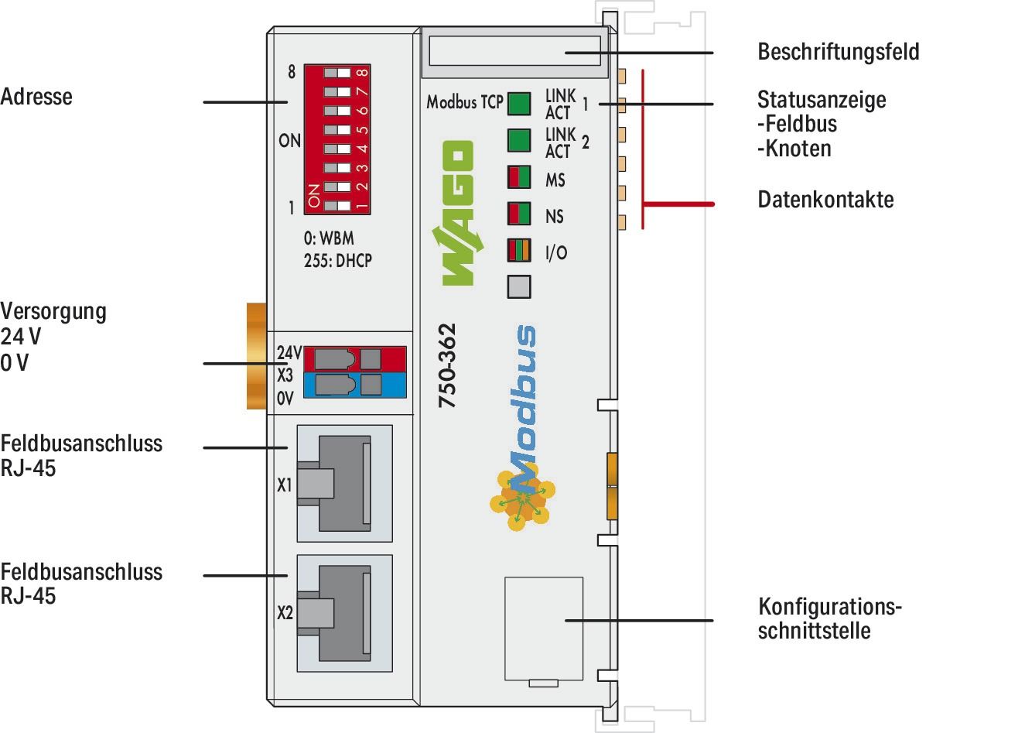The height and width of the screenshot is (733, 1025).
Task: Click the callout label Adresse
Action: pyautogui.click(x=36, y=97)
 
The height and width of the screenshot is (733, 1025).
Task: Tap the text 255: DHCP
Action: pyautogui.click(x=338, y=261)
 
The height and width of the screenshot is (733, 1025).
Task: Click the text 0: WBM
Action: pyautogui.click(x=329, y=238)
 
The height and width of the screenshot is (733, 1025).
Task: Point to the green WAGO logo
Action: pyautogui.click(x=456, y=213)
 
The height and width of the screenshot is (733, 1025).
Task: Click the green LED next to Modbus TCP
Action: pyautogui.click(x=519, y=104)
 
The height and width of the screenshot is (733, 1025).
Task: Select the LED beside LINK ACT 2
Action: pyautogui.click(x=519, y=140)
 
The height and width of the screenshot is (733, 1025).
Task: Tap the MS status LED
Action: pyautogui.click(x=519, y=177)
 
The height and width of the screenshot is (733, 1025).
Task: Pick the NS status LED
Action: pyautogui.click(x=519, y=213)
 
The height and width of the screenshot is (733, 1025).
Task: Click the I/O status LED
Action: pyautogui.click(x=519, y=251)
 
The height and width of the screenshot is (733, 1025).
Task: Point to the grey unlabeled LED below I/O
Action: pyautogui.click(x=519, y=286)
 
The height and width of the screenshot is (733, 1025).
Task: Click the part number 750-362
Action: pyautogui.click(x=447, y=365)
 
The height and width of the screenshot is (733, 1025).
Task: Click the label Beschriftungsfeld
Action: pyautogui.click(x=838, y=53)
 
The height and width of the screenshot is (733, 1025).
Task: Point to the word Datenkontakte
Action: pyautogui.click(x=825, y=200)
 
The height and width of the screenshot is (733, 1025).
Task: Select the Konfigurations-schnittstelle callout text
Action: pyautogui.click(x=829, y=618)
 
